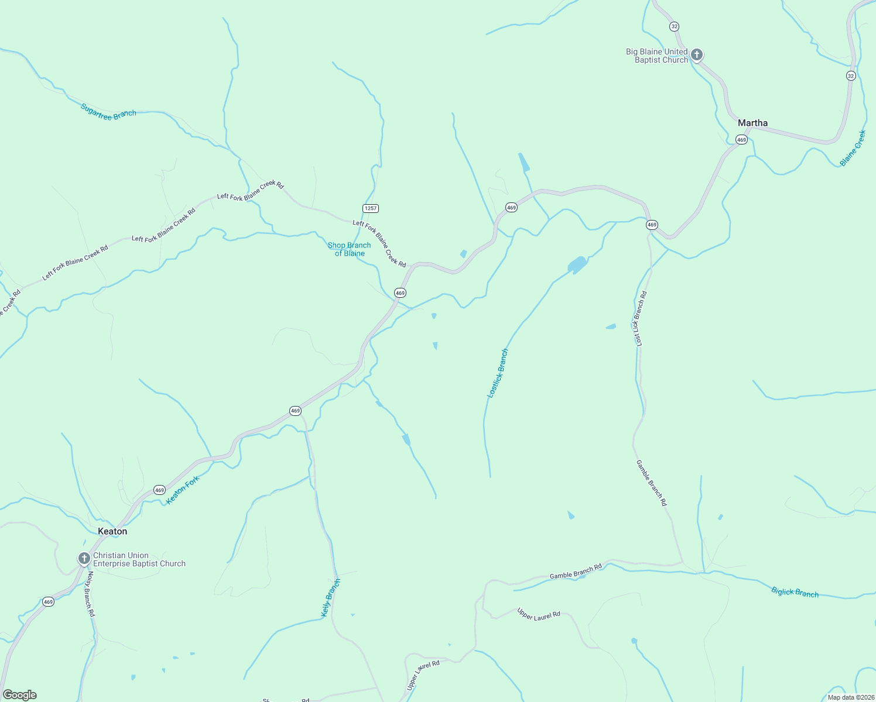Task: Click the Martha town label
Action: click(752, 123)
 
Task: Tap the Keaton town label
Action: click(112, 531)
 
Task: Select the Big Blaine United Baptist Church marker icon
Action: click(696, 55)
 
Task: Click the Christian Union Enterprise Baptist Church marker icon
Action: click(84, 558)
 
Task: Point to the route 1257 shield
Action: click(371, 208)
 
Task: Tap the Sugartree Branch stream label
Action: click(108, 112)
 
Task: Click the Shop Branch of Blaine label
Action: click(349, 249)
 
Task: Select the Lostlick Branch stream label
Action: click(498, 373)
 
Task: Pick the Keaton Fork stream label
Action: click(183, 490)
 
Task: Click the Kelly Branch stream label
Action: click(330, 598)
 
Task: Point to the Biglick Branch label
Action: click(795, 593)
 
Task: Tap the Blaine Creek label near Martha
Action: click(853, 149)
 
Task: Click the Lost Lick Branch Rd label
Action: click(639, 319)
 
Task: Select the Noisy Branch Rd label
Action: click(91, 594)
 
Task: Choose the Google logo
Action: click(20, 695)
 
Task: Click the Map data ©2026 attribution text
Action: click(850, 697)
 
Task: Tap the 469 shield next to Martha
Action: click(741, 140)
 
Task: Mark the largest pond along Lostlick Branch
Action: click(577, 265)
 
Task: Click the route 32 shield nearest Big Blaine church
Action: click(675, 27)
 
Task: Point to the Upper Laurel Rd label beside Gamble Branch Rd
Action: click(539, 615)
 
